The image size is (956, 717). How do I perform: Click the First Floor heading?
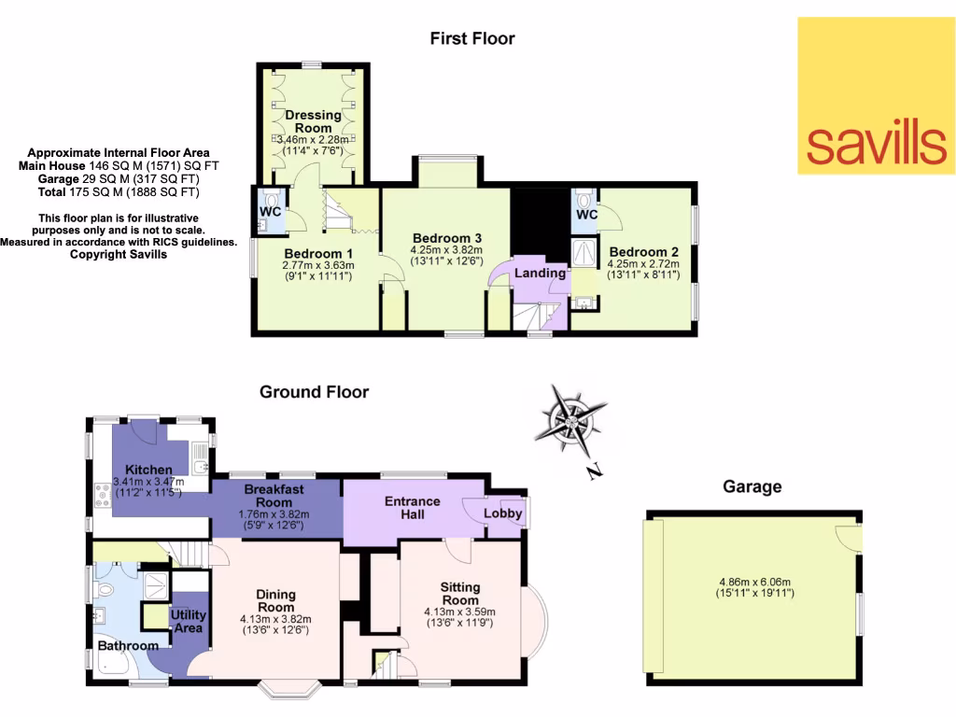pyautogui.click(x=471, y=38)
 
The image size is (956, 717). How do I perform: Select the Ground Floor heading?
pyautogui.click(x=314, y=392)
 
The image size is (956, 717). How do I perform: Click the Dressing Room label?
pyautogui.click(x=313, y=121)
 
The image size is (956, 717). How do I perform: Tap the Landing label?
pyautogui.click(x=541, y=273)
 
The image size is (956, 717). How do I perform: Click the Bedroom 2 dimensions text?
pyautogui.click(x=643, y=270)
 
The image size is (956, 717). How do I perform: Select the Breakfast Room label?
pyautogui.click(x=274, y=496)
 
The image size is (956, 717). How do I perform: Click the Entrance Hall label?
pyautogui.click(x=413, y=508)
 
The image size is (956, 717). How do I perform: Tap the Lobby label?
pyautogui.click(x=501, y=513)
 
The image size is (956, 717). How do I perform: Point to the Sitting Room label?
pyautogui.click(x=459, y=594)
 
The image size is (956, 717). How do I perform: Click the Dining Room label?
pyautogui.click(x=275, y=600)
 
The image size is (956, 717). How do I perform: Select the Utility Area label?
pyautogui.click(x=188, y=622)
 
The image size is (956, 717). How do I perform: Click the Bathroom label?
pyautogui.click(x=128, y=645)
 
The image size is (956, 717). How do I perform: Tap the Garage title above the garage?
pyautogui.click(x=752, y=486)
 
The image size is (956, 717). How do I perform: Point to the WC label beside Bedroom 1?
pyautogui.click(x=270, y=211)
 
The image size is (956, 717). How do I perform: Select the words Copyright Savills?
pyautogui.click(x=119, y=254)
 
